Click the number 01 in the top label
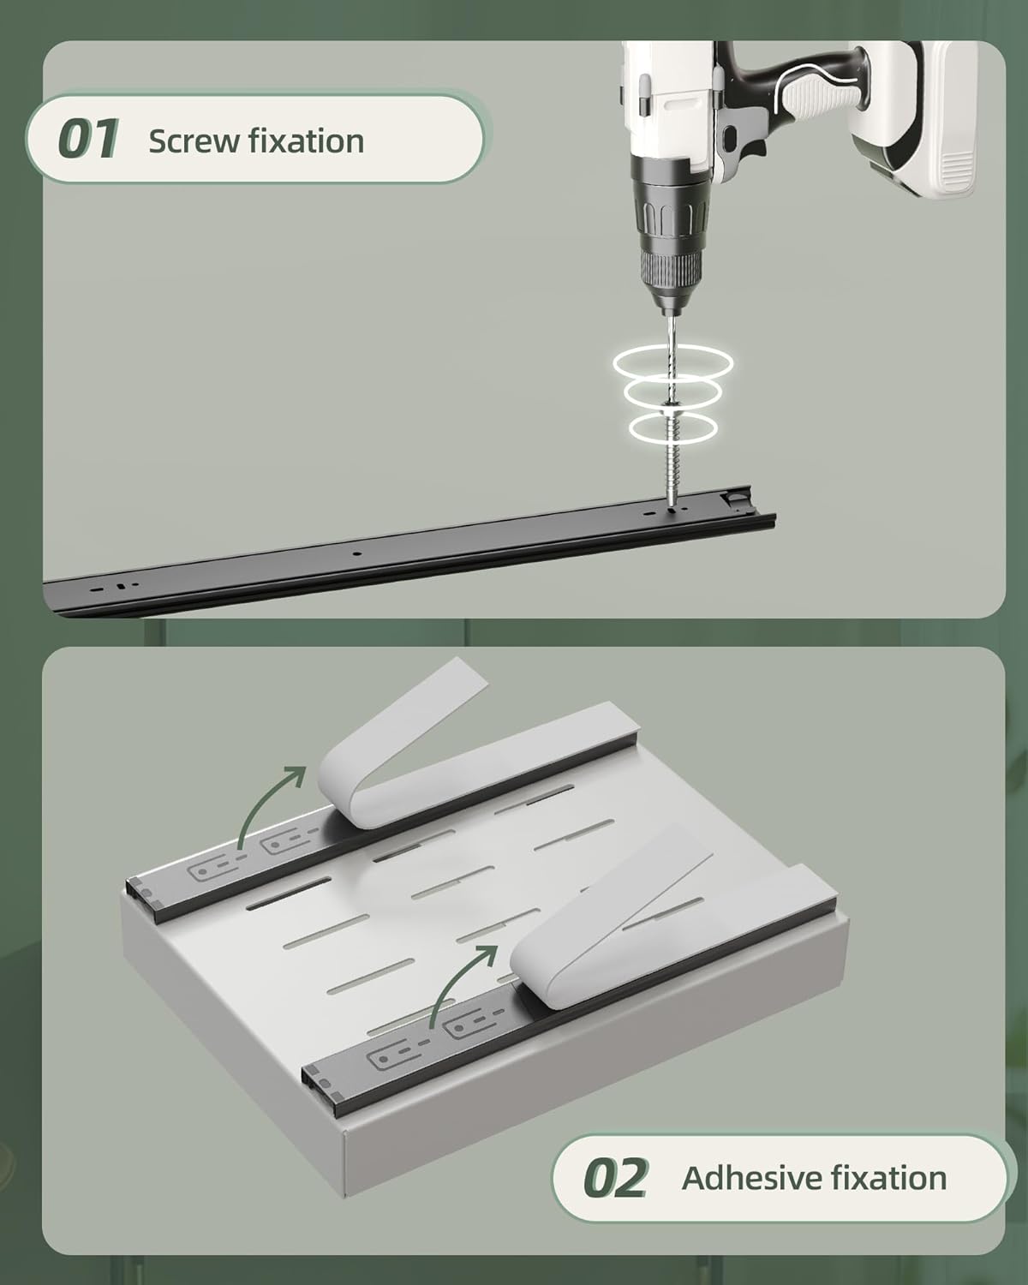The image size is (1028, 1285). pos(87,139)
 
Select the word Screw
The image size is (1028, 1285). pos(193,141)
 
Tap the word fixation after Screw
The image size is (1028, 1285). pos(306,140)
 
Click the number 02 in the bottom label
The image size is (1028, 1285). pos(616,1178)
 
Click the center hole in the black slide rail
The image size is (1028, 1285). pos(356,553)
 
